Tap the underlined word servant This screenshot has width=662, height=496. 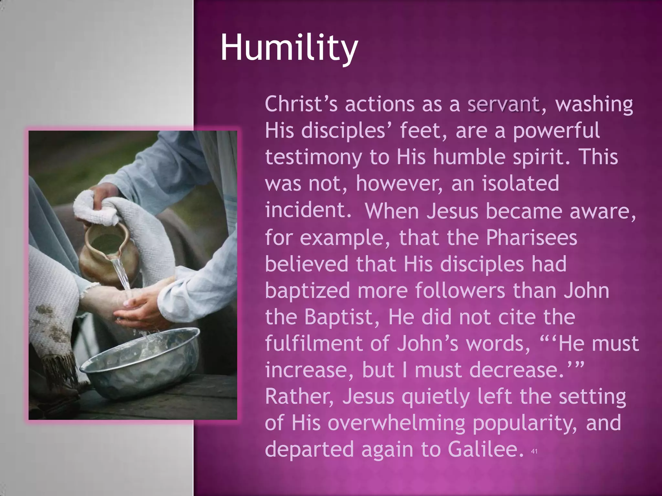[503, 104]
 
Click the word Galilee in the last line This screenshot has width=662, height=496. [486, 449]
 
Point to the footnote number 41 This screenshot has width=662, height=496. [534, 451]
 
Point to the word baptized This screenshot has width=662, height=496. [307, 291]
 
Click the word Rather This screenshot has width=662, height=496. [299, 397]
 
